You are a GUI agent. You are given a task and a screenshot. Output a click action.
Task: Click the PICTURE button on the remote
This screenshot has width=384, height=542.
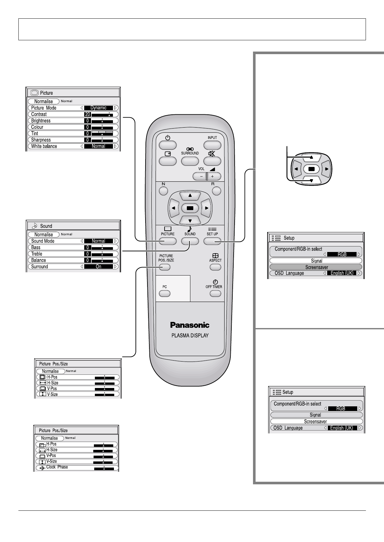(168, 241)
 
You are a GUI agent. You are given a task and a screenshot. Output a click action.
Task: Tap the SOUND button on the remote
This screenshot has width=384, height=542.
(190, 241)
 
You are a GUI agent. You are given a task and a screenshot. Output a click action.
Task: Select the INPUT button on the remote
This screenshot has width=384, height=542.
(212, 145)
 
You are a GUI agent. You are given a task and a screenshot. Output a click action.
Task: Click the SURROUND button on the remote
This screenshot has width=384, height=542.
(190, 161)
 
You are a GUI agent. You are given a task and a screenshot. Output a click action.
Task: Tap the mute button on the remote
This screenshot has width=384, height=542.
(212, 161)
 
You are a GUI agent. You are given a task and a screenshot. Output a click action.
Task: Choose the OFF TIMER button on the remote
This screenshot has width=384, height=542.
(215, 294)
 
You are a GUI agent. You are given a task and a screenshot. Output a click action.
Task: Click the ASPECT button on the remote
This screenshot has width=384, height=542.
(215, 267)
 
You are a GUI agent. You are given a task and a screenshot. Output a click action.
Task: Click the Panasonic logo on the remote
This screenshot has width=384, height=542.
(190, 325)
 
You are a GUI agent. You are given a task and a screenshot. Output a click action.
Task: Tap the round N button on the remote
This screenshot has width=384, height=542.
(164, 191)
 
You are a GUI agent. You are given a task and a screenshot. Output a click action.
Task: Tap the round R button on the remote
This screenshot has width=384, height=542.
(217, 191)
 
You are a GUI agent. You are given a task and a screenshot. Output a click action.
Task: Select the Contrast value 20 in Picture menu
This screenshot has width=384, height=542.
(87, 114)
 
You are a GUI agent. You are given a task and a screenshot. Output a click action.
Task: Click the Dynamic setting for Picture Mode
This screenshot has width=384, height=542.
(98, 108)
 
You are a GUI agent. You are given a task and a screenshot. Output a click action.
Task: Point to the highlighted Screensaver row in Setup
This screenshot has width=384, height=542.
(316, 267)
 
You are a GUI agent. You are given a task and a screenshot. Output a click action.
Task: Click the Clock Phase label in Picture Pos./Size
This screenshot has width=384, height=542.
(57, 467)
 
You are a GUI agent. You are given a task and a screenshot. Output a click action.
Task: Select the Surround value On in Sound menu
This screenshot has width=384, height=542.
(98, 267)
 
